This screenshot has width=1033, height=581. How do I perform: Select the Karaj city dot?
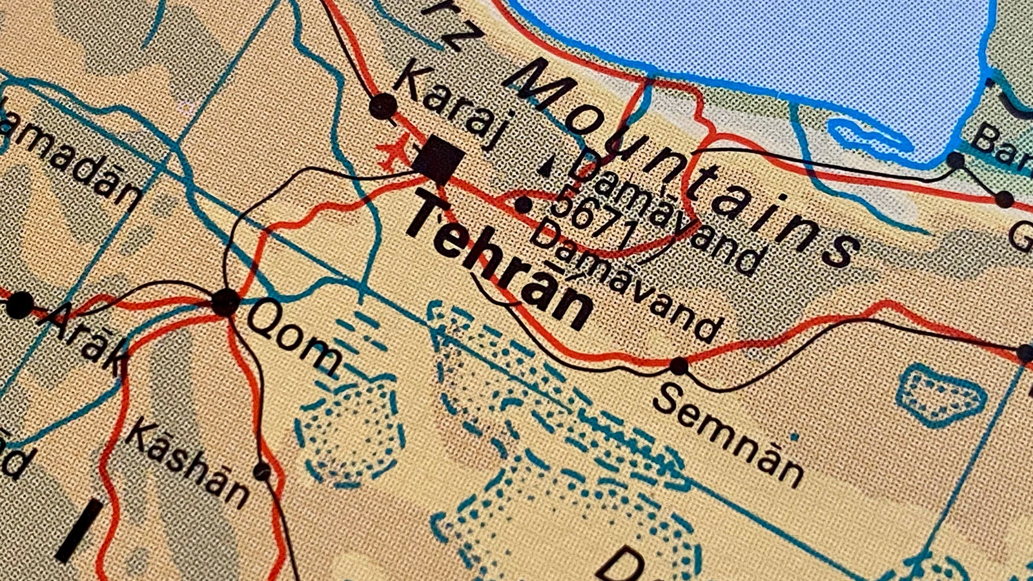pos(383,105)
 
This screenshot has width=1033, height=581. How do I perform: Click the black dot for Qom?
pos(225,302)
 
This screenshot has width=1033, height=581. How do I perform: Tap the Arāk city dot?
pos(19,305)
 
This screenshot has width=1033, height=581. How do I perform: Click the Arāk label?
pos(87,339)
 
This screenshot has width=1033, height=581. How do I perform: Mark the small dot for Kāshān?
pos(261,472)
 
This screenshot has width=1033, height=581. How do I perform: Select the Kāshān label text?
pos(187,462)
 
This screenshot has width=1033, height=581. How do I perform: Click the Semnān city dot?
pos(679,366)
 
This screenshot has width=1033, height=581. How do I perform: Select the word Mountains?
pos(684,161)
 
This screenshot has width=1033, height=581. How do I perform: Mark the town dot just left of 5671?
pos(522,206)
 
